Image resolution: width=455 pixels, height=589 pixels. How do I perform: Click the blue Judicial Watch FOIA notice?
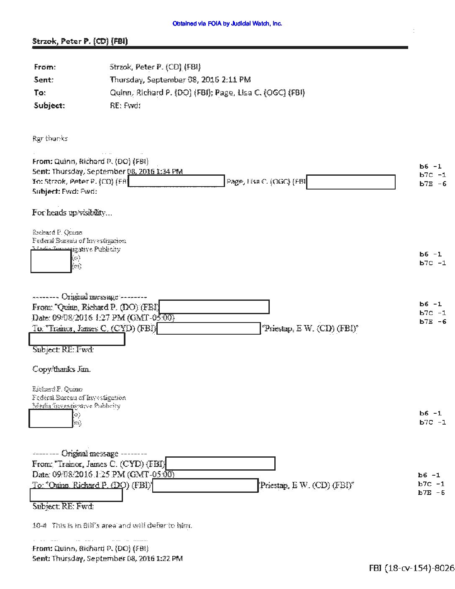pyautogui.click(x=227, y=24)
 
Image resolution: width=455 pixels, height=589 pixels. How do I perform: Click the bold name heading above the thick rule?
pyautogui.click(x=80, y=41)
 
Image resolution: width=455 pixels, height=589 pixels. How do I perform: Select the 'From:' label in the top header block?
pyautogui.click(x=45, y=67)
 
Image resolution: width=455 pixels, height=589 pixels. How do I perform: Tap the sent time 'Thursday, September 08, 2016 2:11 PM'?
pyautogui.click(x=180, y=79)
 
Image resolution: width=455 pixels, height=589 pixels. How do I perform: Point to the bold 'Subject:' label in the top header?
pyautogui.click(x=49, y=105)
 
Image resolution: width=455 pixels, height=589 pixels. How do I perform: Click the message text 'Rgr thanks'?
pyautogui.click(x=50, y=138)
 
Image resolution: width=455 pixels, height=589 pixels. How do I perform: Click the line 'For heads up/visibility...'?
pyautogui.click(x=72, y=213)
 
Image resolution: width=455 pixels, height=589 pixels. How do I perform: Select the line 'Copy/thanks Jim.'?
pyautogui.click(x=61, y=369)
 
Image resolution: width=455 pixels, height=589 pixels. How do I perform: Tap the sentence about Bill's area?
pyautogui.click(x=112, y=525)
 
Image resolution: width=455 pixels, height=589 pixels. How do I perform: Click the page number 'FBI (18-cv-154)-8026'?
pyautogui.click(x=411, y=568)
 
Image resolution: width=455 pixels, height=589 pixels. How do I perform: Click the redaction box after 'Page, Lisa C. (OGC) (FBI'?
pyautogui.click(x=351, y=182)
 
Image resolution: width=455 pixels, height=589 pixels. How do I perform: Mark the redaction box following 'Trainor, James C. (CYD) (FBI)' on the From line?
pyautogui.click(x=220, y=464)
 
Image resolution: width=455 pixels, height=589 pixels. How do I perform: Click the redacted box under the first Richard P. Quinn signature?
pyautogui.click(x=51, y=261)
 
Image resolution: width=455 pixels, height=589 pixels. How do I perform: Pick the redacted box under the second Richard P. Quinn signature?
pyautogui.click(x=51, y=418)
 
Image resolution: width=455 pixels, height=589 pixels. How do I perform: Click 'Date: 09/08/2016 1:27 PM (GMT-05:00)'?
pyautogui.click(x=103, y=318)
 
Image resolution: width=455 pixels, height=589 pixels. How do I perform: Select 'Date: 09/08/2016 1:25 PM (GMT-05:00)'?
pyautogui.click(x=103, y=474)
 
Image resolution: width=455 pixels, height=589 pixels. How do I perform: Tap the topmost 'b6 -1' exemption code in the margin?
pyautogui.click(x=430, y=166)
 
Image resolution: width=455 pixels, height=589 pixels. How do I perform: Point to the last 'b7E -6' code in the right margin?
pyautogui.click(x=432, y=493)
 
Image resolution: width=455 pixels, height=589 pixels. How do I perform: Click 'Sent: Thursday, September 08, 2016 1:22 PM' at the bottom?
pyautogui.click(x=107, y=558)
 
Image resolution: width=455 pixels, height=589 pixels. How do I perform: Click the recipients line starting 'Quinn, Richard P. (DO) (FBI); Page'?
pyautogui.click(x=207, y=92)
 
